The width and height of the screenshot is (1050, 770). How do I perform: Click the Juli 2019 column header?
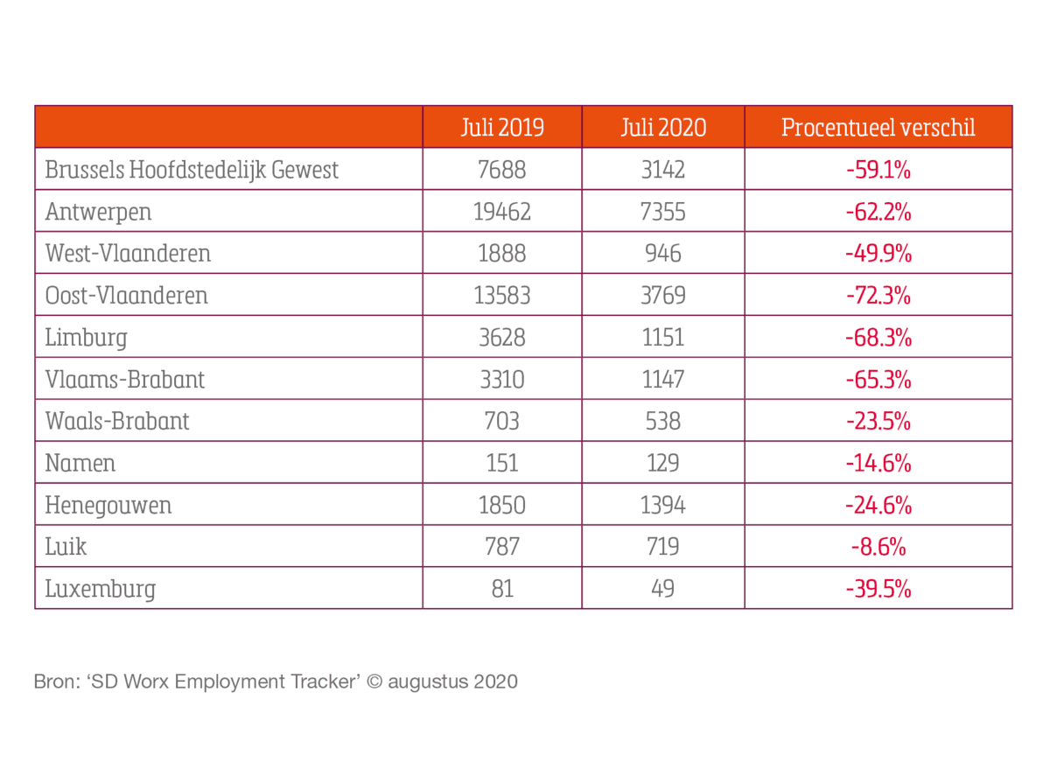(502, 128)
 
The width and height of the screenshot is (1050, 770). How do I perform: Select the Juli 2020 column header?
(663, 128)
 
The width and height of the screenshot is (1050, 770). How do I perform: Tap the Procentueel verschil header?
(878, 128)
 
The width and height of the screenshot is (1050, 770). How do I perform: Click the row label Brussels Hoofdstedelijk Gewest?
(192, 170)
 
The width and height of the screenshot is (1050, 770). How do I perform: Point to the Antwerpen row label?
(98, 212)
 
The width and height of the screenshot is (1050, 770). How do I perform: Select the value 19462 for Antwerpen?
(502, 212)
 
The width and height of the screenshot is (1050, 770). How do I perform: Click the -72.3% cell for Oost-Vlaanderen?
(878, 296)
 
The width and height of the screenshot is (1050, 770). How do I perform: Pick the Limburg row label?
(86, 338)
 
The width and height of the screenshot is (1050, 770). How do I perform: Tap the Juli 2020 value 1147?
(663, 380)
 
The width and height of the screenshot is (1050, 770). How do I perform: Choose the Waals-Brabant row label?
(117, 422)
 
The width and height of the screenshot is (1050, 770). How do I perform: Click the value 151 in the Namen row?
(502, 463)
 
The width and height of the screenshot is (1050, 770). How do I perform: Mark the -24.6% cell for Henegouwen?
(878, 505)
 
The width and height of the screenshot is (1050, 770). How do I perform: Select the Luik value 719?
(663, 547)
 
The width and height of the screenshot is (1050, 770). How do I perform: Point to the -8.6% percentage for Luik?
(878, 547)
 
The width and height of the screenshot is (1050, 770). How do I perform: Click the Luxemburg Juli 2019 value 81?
(502, 589)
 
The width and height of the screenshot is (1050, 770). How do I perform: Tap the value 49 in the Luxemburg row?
(663, 589)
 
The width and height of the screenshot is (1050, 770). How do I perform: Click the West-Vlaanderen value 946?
(663, 254)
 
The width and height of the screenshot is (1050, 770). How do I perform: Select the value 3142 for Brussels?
(663, 170)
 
